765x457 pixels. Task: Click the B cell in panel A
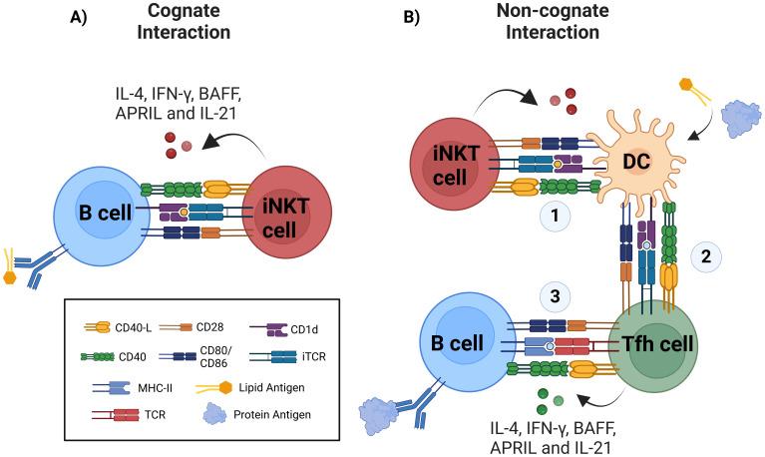(94, 214)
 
